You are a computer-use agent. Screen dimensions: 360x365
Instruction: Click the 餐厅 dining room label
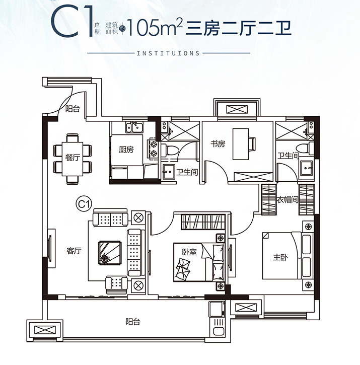click(x=73, y=158)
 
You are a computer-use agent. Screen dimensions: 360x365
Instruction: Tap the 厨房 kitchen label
click(x=126, y=150)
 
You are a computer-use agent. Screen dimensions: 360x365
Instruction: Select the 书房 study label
click(x=218, y=144)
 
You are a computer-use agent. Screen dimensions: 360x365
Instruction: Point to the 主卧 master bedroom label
click(x=280, y=257)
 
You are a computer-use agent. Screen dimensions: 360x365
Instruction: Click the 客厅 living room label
click(x=74, y=251)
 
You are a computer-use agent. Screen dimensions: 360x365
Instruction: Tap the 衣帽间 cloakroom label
click(x=287, y=199)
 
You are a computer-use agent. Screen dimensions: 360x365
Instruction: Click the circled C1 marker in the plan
click(x=84, y=204)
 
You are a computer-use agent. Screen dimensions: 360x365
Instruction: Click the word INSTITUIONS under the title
click(x=168, y=53)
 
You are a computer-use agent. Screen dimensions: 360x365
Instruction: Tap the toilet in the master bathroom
click(x=305, y=149)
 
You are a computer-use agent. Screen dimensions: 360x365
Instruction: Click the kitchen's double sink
click(x=134, y=127)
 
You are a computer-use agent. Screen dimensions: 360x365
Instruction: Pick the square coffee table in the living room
click(x=110, y=253)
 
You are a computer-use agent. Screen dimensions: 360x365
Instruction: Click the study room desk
click(x=241, y=144)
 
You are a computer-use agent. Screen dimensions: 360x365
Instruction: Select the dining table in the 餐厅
click(x=72, y=159)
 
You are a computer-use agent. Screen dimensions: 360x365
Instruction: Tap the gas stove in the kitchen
click(x=154, y=149)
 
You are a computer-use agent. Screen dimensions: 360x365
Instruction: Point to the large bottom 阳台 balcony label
click(x=133, y=322)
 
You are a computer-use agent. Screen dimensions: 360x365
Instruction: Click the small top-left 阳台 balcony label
click(x=73, y=108)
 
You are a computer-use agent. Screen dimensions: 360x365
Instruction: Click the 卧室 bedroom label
click(x=189, y=252)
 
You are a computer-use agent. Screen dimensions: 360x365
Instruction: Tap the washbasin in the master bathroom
click(x=307, y=169)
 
